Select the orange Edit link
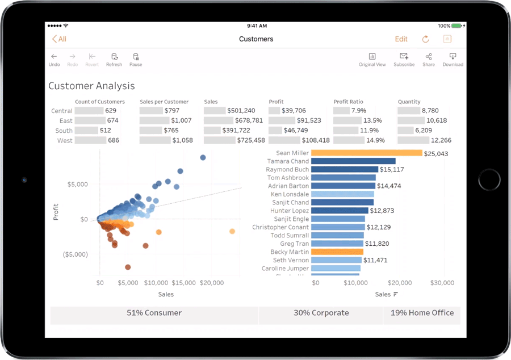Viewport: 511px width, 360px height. (x=401, y=39)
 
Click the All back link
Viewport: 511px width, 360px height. (x=59, y=39)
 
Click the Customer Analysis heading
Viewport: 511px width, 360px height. (x=91, y=86)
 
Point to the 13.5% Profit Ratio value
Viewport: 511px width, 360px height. (x=372, y=120)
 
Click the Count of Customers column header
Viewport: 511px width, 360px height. (x=100, y=102)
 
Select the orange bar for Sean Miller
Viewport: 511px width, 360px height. (x=366, y=153)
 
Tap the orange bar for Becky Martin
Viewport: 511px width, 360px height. (x=337, y=252)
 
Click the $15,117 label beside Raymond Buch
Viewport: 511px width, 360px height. (x=392, y=170)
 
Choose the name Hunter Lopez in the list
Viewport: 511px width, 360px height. (x=290, y=211)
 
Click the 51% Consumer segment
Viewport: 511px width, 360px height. (x=154, y=313)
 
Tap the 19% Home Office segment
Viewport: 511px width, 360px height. (x=422, y=313)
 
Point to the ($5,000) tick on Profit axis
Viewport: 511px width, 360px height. (x=75, y=254)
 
